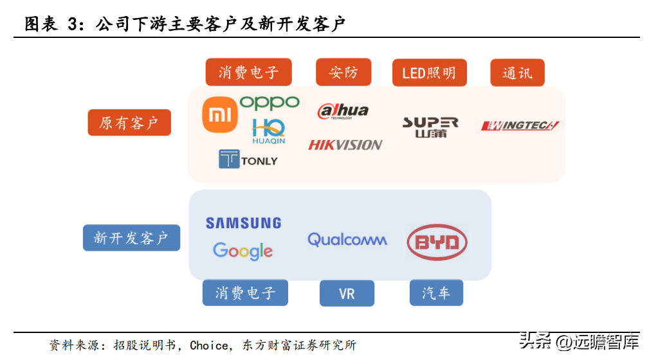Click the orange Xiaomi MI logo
pyautogui.click(x=219, y=115)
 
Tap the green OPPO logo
pyautogui.click(x=270, y=103)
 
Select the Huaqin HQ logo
pyautogui.click(x=268, y=131)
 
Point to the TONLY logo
pyautogui.click(x=248, y=159)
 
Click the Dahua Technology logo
pyautogui.click(x=343, y=111)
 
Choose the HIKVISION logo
pyautogui.click(x=345, y=145)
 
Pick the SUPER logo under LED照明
pyautogui.click(x=430, y=127)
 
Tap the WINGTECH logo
pyautogui.click(x=520, y=125)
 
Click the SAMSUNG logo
pyautogui.click(x=243, y=223)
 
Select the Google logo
pyautogui.click(x=242, y=251)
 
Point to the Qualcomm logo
pyautogui.click(x=347, y=240)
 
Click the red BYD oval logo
pyautogui.click(x=437, y=242)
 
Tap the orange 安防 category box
pyautogui.click(x=343, y=73)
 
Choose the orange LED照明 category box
pyautogui.click(x=429, y=73)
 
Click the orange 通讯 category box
pyautogui.click(x=517, y=73)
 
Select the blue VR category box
pyautogui.click(x=347, y=294)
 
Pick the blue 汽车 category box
pyautogui.click(x=436, y=293)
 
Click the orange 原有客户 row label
pyautogui.click(x=129, y=123)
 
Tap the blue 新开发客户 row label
pyautogui.click(x=131, y=238)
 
